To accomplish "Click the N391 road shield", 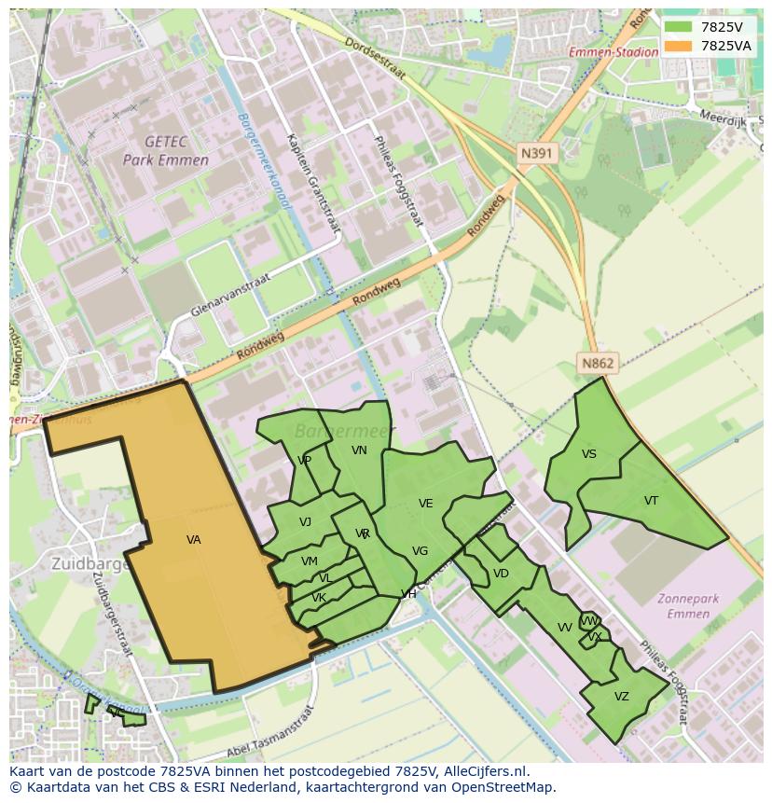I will (x=537, y=153).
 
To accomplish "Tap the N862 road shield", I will (x=598, y=365).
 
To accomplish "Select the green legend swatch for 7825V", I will (x=678, y=27).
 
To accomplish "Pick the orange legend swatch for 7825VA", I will (x=678, y=46).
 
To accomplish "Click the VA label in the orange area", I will (x=194, y=540).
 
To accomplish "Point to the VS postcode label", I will (x=589, y=454).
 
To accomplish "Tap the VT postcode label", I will (x=651, y=501).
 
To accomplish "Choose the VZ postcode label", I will (x=622, y=697).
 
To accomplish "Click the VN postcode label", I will (x=359, y=450).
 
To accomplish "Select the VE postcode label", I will (x=426, y=504).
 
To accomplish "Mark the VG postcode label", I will (x=420, y=551).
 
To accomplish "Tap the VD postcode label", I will (x=501, y=574).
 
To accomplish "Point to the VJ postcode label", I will (x=306, y=522).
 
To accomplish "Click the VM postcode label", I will (x=310, y=561).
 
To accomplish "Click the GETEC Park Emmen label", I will (x=166, y=151).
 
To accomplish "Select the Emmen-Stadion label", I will (x=613, y=52).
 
